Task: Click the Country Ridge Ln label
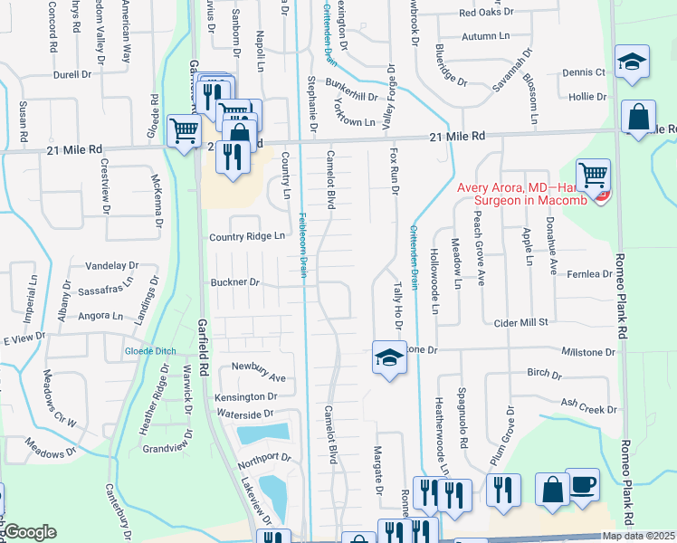coord(247,236)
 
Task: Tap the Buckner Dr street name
coord(235,282)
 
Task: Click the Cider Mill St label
coord(520,322)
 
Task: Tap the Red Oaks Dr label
coord(485,13)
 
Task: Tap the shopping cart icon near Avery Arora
coord(593,174)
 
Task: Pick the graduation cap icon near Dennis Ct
coord(630,63)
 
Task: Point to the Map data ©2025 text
coord(638,536)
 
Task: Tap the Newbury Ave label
coord(258,377)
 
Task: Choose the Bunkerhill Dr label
coord(351,96)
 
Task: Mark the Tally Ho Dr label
coord(396,299)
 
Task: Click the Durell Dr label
coord(74,76)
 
